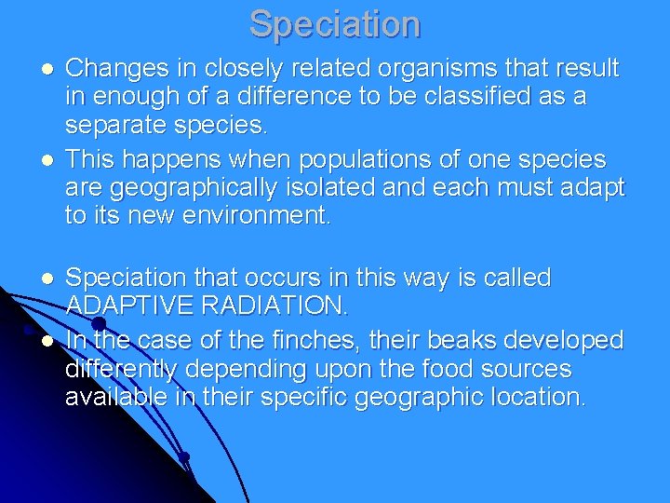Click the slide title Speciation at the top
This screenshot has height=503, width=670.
(x=335, y=23)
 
